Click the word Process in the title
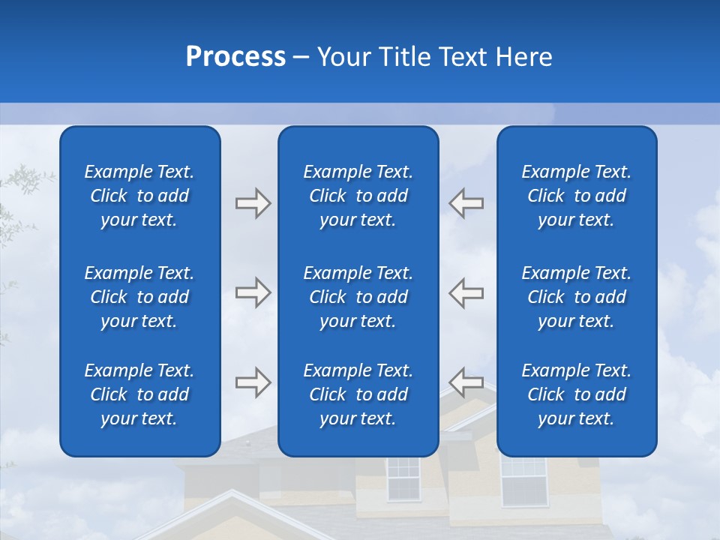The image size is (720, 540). [235, 57]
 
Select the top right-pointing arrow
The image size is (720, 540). [253, 203]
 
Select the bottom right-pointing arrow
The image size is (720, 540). [253, 382]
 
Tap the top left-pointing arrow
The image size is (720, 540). [466, 203]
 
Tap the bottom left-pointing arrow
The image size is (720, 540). [466, 382]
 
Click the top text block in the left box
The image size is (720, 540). [139, 196]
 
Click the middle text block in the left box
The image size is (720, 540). [139, 297]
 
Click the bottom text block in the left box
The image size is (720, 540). [139, 394]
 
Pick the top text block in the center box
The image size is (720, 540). [358, 196]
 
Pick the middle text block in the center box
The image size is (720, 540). [358, 297]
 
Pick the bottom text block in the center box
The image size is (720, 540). [358, 394]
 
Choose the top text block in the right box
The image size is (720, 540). [576, 196]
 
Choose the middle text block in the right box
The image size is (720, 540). [576, 297]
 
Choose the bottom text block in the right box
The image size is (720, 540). [576, 394]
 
